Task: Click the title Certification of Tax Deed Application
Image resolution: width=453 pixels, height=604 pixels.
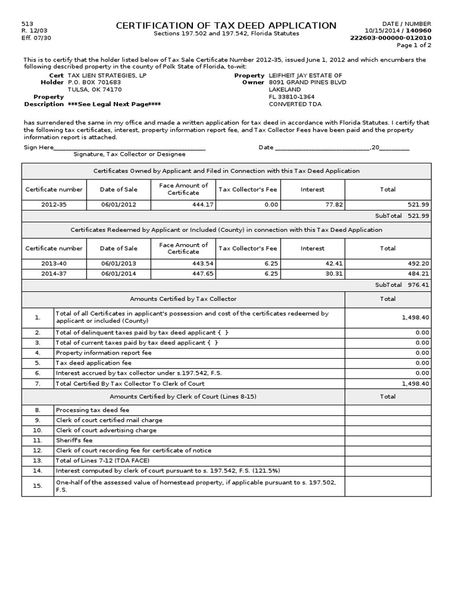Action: point(226,25)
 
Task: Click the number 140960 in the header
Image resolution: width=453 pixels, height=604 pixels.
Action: point(419,30)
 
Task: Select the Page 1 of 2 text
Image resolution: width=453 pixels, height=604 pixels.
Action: point(413,45)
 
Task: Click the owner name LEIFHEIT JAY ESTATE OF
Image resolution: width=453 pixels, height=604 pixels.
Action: point(305,75)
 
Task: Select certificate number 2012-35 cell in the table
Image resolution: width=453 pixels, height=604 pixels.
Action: point(54,204)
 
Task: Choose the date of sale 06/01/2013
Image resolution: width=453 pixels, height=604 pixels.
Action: point(119,264)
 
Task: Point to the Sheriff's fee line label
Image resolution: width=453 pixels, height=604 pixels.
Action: point(74,440)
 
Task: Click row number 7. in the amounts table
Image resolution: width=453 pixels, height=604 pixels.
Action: point(38,383)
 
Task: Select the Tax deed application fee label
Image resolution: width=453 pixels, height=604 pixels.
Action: point(94,363)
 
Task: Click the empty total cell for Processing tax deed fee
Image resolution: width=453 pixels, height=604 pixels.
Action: point(388,410)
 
